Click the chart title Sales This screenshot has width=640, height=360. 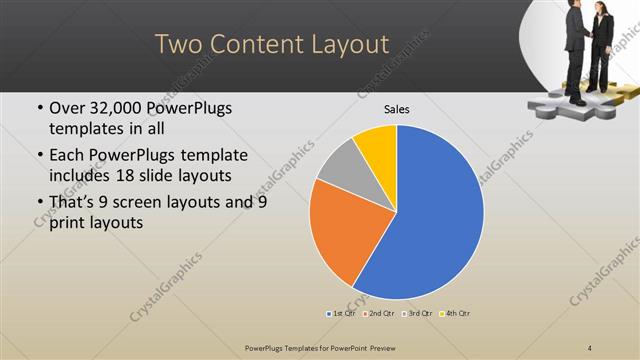397,109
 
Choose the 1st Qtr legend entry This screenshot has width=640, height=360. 343,314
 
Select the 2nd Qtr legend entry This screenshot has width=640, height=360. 379,314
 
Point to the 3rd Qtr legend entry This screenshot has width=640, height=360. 416,314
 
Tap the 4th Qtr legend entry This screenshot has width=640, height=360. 453,314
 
